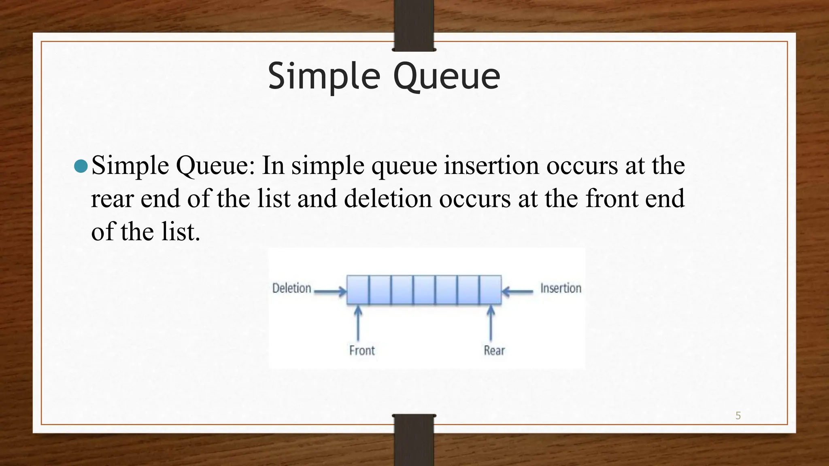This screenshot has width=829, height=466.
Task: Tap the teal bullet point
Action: pyautogui.click(x=81, y=166)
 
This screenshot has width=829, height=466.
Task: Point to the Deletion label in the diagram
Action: pyautogui.click(x=291, y=288)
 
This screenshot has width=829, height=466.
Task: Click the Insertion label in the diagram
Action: pyautogui.click(x=561, y=288)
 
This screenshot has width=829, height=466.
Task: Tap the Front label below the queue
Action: pyautogui.click(x=362, y=350)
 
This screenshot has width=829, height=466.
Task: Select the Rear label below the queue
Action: pyautogui.click(x=494, y=350)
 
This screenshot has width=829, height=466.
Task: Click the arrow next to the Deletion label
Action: pyautogui.click(x=330, y=291)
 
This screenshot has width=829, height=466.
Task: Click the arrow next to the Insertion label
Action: pyautogui.click(x=518, y=291)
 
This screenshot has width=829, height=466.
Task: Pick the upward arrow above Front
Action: pyautogui.click(x=358, y=324)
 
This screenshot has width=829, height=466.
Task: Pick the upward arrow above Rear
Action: pyautogui.click(x=491, y=324)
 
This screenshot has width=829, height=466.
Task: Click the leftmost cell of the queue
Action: pyautogui.click(x=358, y=290)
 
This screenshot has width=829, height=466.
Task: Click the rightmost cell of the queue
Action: pyautogui.click(x=491, y=290)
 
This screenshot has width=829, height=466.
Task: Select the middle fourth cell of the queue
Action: pyautogui.click(x=424, y=290)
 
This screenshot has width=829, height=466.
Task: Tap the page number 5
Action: pyautogui.click(x=738, y=415)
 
